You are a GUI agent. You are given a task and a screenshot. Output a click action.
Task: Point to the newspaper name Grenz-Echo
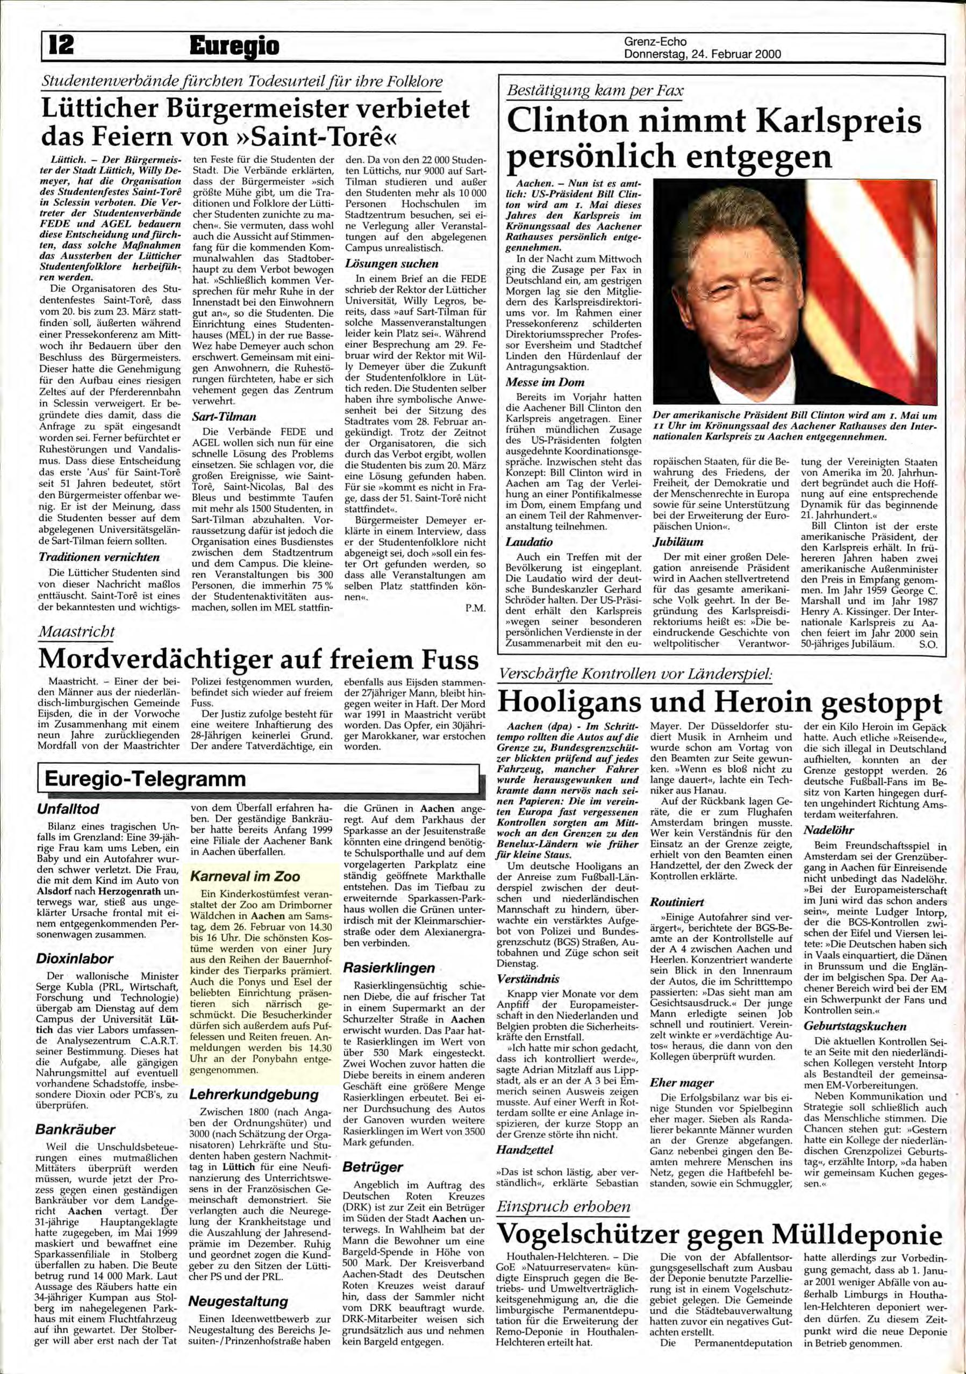pos(655,42)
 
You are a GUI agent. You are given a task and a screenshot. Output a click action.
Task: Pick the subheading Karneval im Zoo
pos(245,876)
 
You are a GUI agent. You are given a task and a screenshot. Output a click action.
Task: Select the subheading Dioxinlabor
pos(74,958)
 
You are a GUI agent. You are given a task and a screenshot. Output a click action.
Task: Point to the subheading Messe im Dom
pos(545,382)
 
